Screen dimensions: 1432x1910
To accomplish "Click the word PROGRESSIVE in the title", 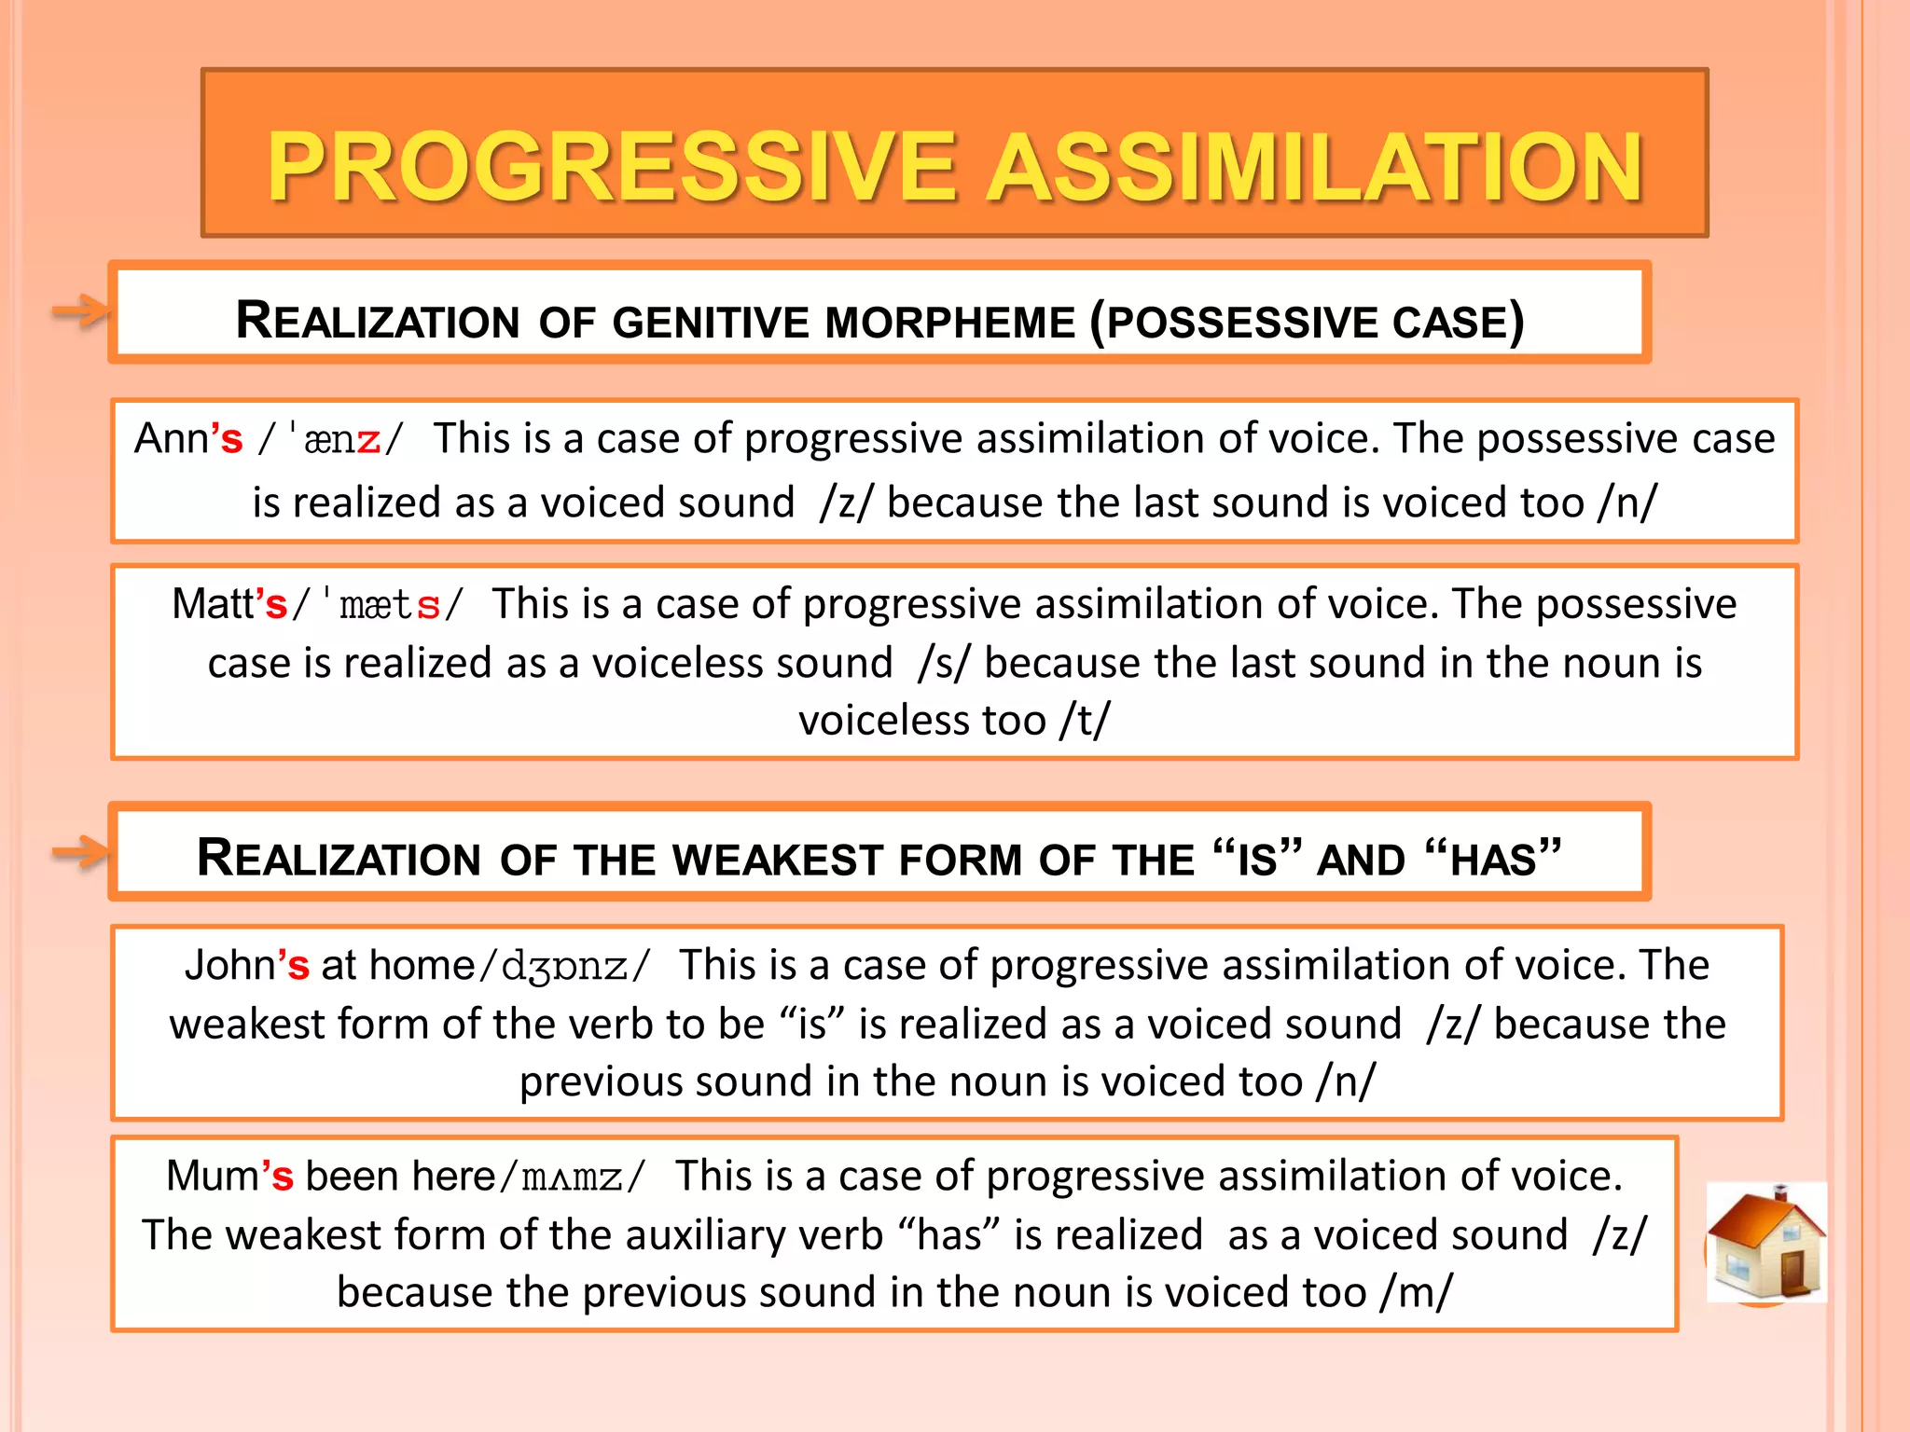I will [612, 168].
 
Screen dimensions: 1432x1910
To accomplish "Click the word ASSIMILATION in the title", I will [1315, 168].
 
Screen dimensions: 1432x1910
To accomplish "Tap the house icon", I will [1765, 1242].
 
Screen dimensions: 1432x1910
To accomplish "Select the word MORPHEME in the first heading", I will [950, 323].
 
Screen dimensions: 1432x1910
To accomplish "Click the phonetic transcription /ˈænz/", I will [331, 439].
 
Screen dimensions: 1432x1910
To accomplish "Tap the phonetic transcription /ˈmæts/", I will [378, 605].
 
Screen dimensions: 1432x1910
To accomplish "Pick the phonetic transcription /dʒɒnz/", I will [564, 966].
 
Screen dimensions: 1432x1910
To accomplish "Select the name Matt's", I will [229, 604].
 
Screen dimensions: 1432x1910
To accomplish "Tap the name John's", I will [246, 965].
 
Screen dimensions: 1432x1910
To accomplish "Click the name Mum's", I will [229, 1176].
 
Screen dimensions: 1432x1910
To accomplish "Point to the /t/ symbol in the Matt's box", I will [1085, 721].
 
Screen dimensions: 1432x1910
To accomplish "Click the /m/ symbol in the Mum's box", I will [1418, 1293].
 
